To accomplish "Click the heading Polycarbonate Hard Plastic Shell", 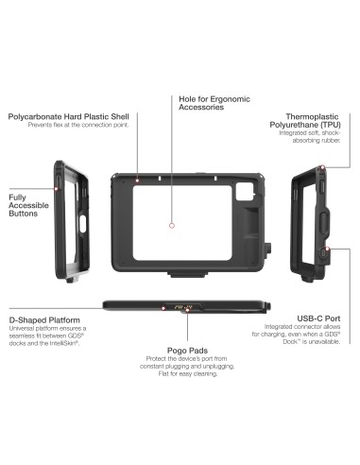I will tap(68, 116).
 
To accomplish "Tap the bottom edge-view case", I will tap(179, 307).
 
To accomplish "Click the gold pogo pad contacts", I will tap(179, 306).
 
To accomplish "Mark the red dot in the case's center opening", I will tap(172, 226).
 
